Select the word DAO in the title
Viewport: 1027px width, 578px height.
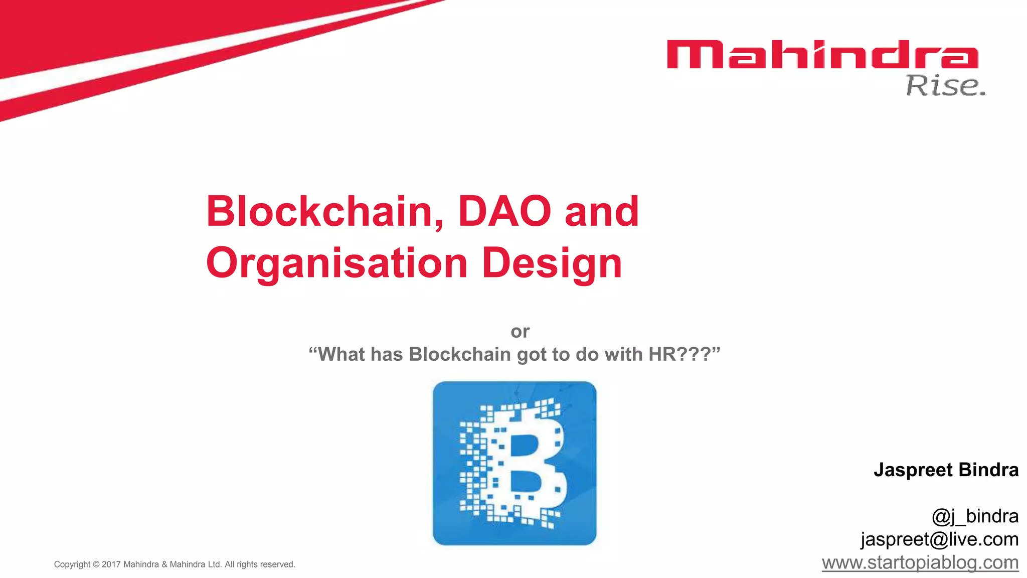coord(504,211)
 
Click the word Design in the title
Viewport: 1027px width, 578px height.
coord(552,264)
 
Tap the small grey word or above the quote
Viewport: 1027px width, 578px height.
coord(520,332)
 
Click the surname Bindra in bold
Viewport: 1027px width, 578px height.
coord(988,470)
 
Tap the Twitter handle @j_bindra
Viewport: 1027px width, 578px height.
coord(975,516)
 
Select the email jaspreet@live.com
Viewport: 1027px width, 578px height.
coord(939,539)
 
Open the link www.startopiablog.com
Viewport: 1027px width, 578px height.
coord(920,562)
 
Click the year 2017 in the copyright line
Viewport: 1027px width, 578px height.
coord(111,564)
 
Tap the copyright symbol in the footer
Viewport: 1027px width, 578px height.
coord(96,564)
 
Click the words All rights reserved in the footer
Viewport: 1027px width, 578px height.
coord(260,564)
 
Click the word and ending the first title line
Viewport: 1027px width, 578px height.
coord(602,211)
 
